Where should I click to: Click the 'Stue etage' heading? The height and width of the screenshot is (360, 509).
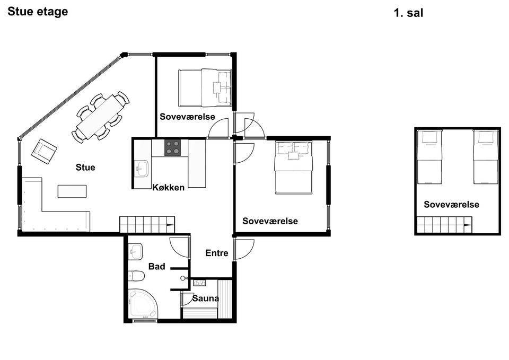[38, 12]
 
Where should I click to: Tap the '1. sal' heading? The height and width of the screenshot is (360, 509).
[408, 13]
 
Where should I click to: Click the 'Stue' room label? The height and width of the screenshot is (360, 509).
[85, 168]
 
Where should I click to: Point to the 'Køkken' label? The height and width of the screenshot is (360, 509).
[169, 187]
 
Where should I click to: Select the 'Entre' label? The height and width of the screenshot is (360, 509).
[217, 253]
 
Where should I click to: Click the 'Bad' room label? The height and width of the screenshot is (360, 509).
[157, 267]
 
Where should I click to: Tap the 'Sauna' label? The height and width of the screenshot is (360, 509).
[206, 298]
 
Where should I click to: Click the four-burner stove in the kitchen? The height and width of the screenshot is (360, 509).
[172, 147]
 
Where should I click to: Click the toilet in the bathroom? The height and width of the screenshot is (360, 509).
[136, 276]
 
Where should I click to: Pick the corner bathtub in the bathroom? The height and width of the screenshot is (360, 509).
[143, 304]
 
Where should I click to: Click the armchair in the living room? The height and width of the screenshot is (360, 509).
[44, 151]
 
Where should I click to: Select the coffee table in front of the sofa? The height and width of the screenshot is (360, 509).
[72, 191]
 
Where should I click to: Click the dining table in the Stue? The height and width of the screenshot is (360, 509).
[101, 116]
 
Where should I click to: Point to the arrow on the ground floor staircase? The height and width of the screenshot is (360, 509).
[170, 225]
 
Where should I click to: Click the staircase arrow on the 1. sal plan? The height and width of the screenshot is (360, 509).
[468, 225]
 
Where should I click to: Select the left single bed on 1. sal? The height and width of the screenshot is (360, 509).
[429, 157]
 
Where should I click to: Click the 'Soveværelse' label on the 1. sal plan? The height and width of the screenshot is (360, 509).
[452, 205]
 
